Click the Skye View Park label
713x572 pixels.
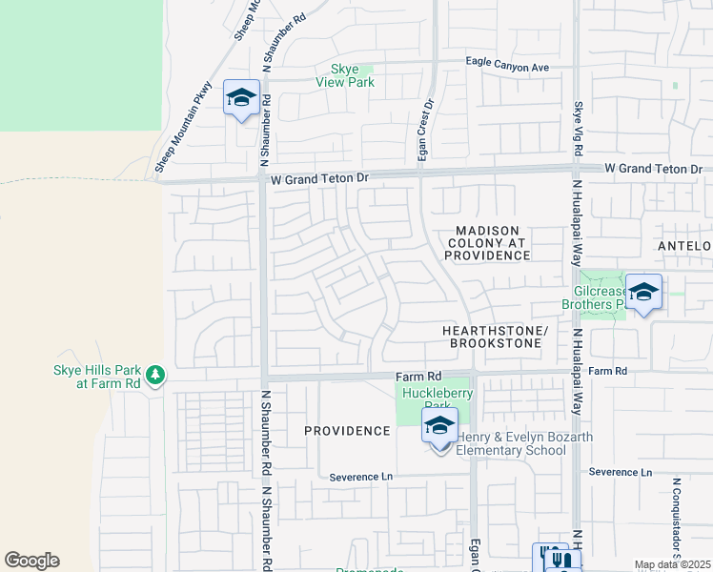point(345,75)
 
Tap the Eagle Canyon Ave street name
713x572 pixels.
point(508,66)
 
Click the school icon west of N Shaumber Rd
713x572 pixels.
point(241,98)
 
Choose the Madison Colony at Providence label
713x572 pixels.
point(486,243)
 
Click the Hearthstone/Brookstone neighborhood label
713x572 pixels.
point(496,337)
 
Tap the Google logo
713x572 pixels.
point(31,561)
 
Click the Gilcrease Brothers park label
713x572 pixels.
point(601,298)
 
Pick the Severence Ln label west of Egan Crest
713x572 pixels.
point(361,477)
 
